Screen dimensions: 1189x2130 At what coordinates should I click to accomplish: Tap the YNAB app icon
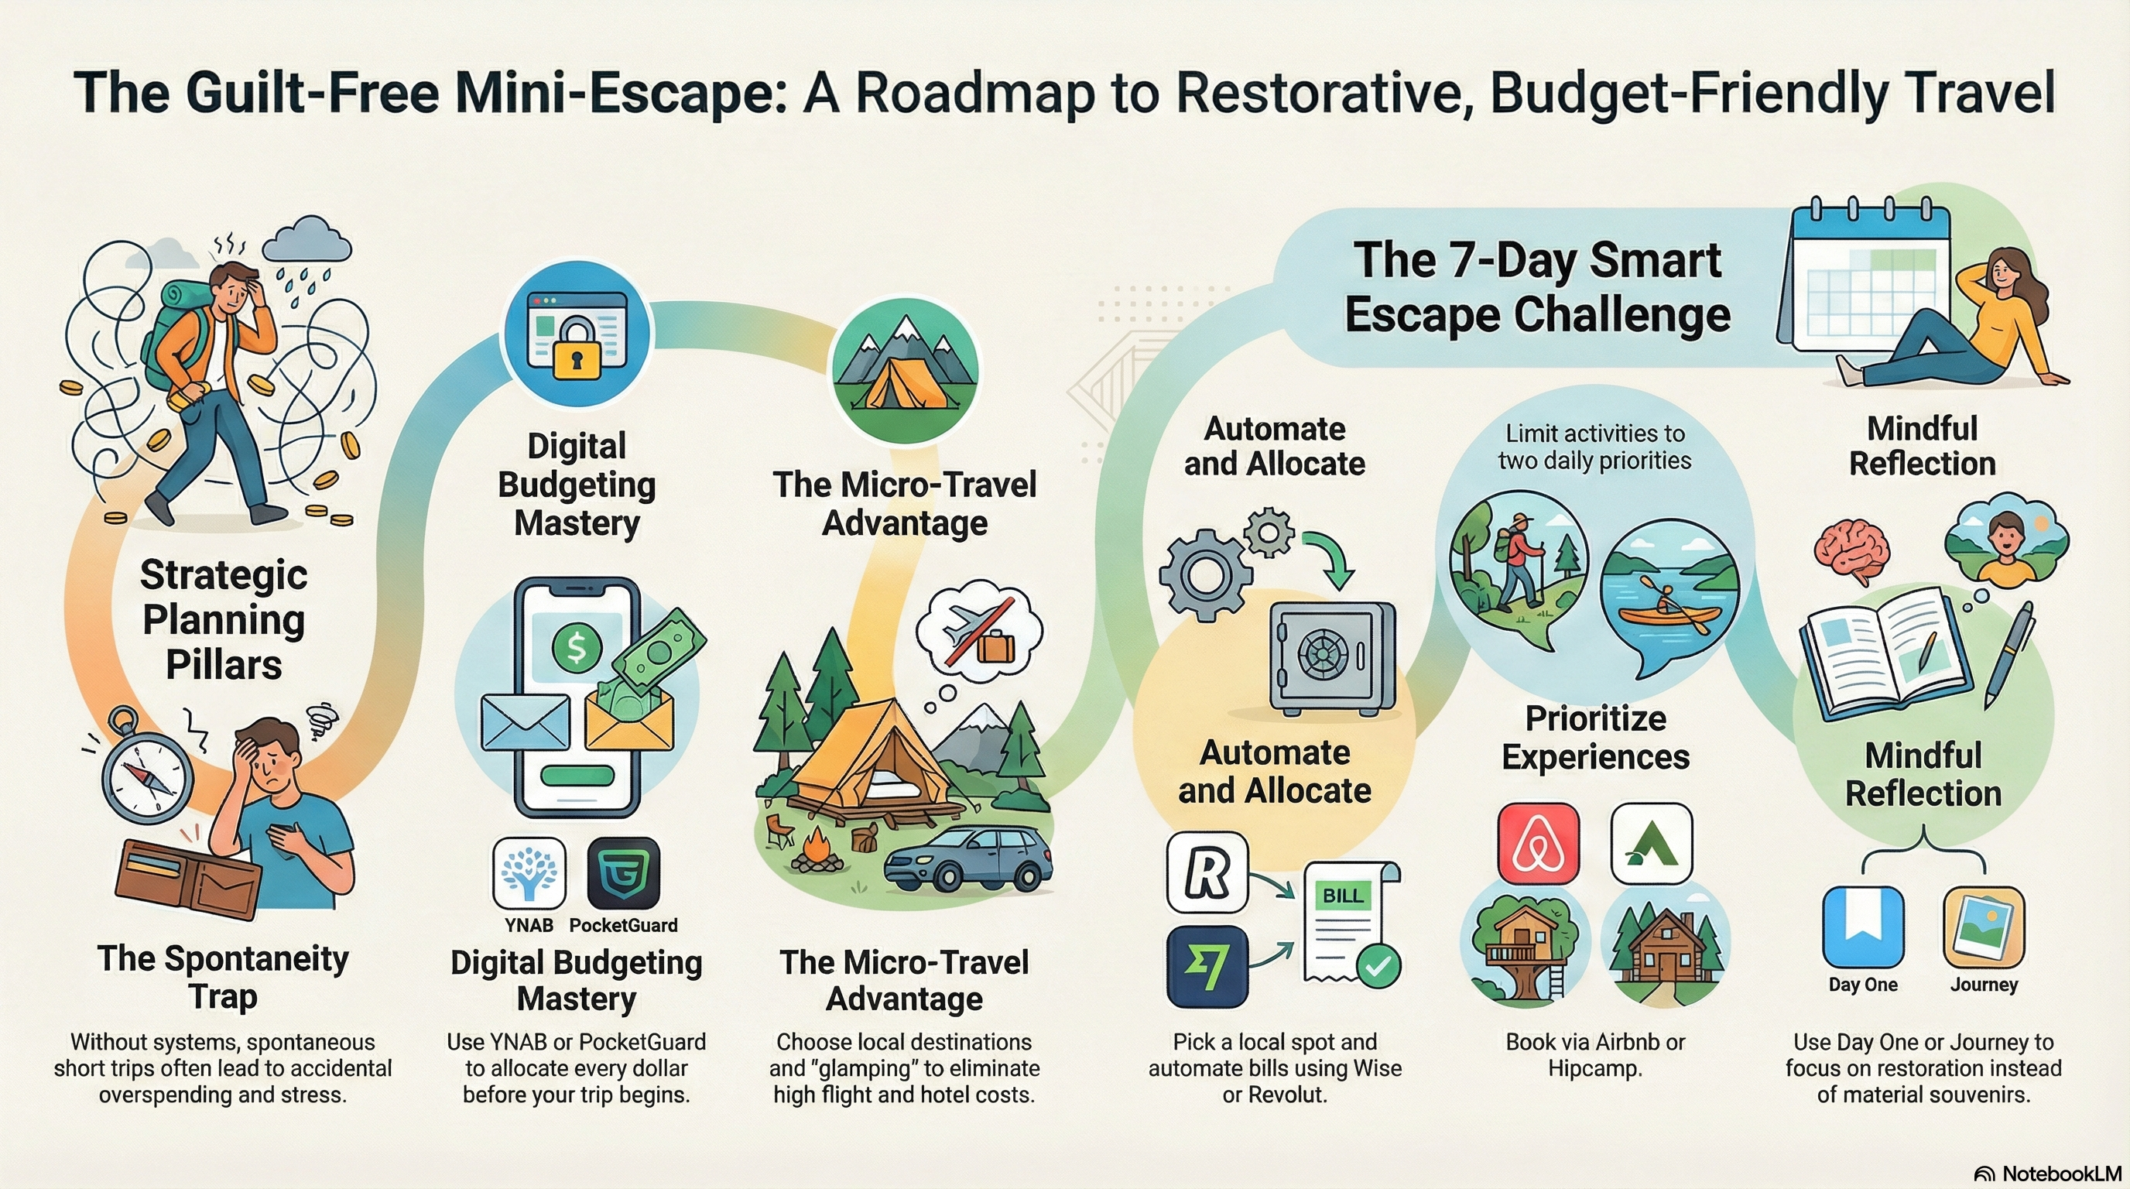(x=529, y=873)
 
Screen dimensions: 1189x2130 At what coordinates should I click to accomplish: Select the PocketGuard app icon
(x=624, y=873)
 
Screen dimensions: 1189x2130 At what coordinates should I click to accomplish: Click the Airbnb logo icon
(x=1538, y=844)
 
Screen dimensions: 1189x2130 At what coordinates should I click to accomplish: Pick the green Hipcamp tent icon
(x=1651, y=844)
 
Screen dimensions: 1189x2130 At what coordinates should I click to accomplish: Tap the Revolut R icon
(x=1207, y=872)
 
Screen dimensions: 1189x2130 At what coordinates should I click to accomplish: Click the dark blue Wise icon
(x=1207, y=967)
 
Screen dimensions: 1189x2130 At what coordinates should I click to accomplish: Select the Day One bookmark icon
(x=1863, y=927)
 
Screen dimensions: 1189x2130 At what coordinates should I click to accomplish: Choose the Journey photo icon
(x=1984, y=927)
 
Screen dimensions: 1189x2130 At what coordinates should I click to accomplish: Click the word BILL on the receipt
(x=1343, y=896)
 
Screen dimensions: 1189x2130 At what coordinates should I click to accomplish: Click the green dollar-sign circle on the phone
(x=577, y=647)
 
